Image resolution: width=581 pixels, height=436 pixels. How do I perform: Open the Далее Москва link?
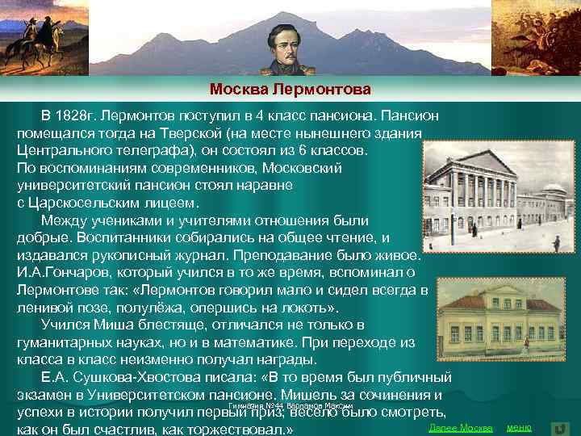tap(461, 426)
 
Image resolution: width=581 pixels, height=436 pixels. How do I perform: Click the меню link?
tap(519, 426)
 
